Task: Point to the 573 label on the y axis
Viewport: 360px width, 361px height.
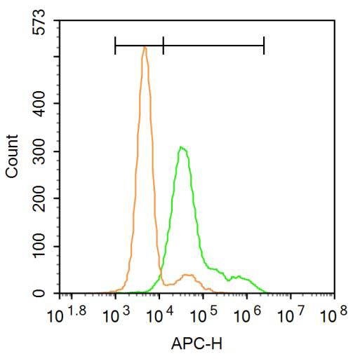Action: [42, 27]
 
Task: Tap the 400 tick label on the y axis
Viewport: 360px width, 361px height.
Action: [42, 104]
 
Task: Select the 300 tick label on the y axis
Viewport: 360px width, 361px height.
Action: [42, 151]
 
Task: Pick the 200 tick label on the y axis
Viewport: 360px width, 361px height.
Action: [42, 199]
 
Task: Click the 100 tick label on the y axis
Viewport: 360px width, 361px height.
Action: [42, 247]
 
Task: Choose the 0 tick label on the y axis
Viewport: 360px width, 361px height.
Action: [42, 294]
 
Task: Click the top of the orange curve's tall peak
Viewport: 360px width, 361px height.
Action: [144, 47]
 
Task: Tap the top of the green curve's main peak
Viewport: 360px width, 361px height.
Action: [181, 147]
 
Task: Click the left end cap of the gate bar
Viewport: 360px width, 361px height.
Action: [115, 46]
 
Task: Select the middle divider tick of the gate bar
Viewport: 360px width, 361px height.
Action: [163, 46]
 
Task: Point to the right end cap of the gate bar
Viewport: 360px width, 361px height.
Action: [264, 46]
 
